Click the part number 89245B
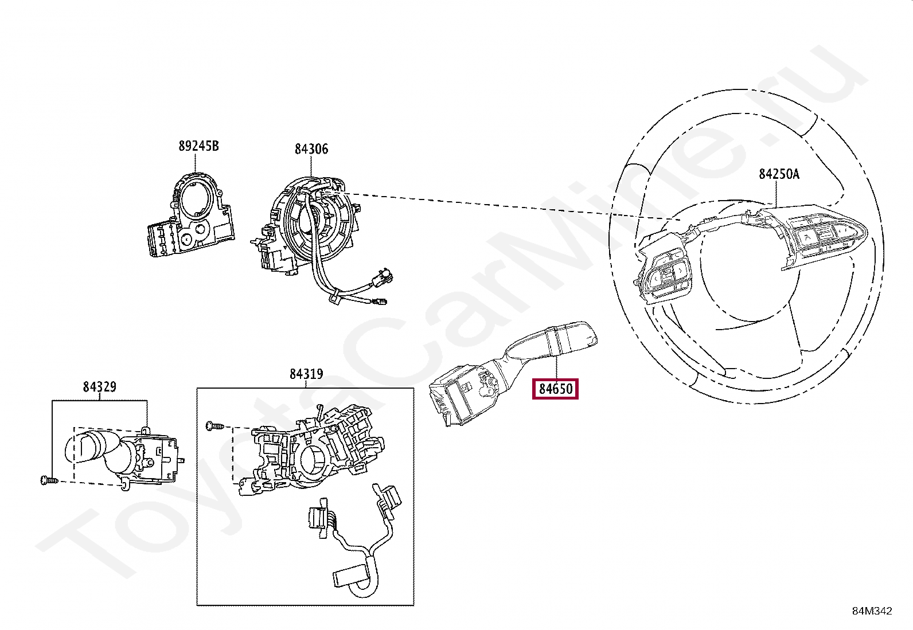click(198, 146)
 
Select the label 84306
click(311, 149)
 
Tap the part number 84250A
click(779, 174)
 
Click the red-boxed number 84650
click(555, 389)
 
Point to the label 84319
click(306, 374)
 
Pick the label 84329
click(99, 387)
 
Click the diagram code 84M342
click(871, 611)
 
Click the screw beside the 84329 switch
click(47, 480)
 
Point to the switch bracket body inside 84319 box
click(313, 453)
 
